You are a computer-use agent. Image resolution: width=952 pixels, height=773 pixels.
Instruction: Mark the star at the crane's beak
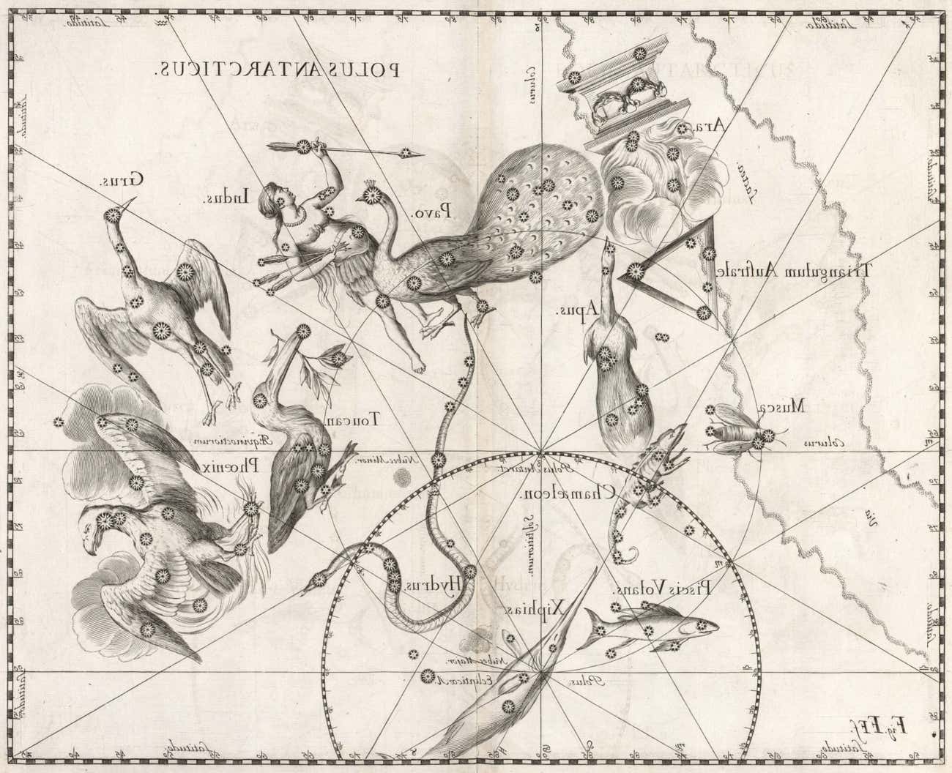point(113,215)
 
